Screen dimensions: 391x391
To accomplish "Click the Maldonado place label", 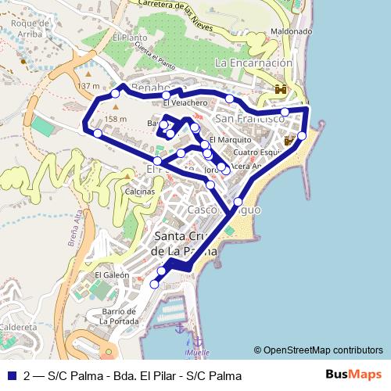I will point(291,31).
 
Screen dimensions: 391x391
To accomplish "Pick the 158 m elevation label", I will point(115,119).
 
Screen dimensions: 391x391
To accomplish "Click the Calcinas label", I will point(139,191).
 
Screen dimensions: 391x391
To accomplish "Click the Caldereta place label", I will point(18,326).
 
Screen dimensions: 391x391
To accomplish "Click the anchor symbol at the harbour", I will point(178,328).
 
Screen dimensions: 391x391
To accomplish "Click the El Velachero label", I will point(185,103).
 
